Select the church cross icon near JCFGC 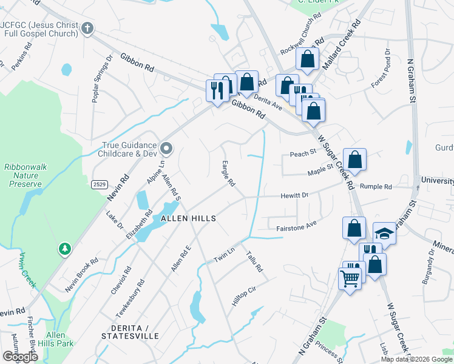tap(87, 28)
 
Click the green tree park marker tap(65, 249)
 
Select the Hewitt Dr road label tap(294, 195)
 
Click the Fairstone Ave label tap(297, 224)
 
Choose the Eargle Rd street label tap(228, 174)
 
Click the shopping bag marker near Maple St tap(355, 160)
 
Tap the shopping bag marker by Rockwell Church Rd tap(308, 59)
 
